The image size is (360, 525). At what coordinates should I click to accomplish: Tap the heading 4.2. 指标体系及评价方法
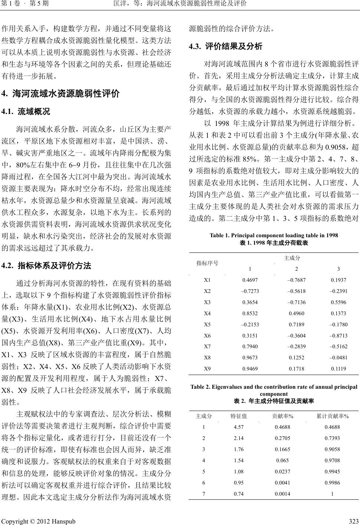(46, 266)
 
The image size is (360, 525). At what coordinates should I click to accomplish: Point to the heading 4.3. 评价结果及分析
(226, 46)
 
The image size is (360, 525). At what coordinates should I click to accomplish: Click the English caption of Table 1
(274, 235)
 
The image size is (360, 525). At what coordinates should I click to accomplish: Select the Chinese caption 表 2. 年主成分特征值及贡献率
(274, 401)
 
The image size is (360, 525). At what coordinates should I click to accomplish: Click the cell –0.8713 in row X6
(338, 336)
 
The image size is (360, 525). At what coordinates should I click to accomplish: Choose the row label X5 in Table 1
(207, 325)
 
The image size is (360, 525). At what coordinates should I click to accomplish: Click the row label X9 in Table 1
(207, 369)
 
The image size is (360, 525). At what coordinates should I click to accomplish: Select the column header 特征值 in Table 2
(239, 416)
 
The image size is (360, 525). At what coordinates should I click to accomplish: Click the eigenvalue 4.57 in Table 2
(239, 427)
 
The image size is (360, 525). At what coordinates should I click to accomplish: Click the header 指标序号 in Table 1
(207, 263)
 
